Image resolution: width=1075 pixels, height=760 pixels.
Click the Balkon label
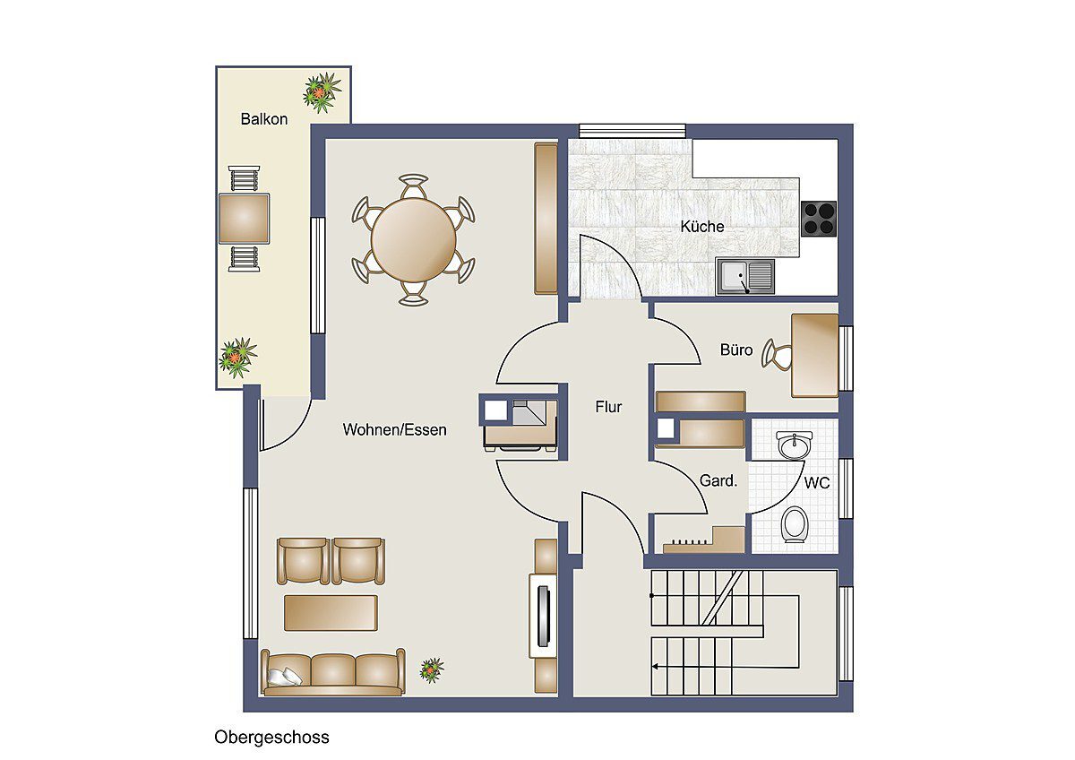(264, 118)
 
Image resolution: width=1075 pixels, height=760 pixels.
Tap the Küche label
(702, 226)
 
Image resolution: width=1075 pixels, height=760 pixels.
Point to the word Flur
(608, 407)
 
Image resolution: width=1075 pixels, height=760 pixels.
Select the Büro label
(736, 350)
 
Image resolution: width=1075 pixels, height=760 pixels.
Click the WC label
(817, 482)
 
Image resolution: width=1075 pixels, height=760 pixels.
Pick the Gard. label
(718, 480)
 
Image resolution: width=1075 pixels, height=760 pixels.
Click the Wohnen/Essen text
(394, 429)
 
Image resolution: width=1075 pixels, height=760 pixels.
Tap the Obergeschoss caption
(271, 737)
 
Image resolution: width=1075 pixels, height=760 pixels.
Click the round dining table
(414, 239)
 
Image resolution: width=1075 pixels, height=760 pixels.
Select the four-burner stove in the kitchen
(819, 219)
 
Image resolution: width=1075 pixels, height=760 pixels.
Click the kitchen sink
(745, 276)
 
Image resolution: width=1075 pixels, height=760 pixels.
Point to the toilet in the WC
(795, 524)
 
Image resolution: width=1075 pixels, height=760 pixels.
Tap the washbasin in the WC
(795, 445)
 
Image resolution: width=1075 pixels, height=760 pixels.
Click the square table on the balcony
(244, 219)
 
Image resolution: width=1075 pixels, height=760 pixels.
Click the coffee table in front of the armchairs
(331, 613)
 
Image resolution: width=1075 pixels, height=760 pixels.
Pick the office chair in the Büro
(777, 354)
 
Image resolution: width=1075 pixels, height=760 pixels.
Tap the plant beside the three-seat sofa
(432, 669)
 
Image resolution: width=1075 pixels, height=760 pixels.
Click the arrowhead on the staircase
(655, 667)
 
